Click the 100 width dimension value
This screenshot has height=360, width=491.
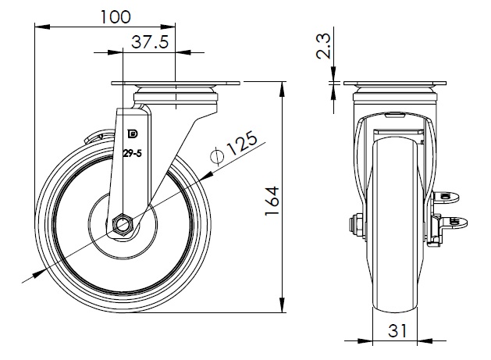coord(116,16)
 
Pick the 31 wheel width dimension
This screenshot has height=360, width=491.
coord(398,330)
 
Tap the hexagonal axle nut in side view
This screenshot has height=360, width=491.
coord(123,224)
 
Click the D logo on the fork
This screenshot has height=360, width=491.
coord(130,134)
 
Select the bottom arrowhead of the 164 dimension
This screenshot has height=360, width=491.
coord(280,307)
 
